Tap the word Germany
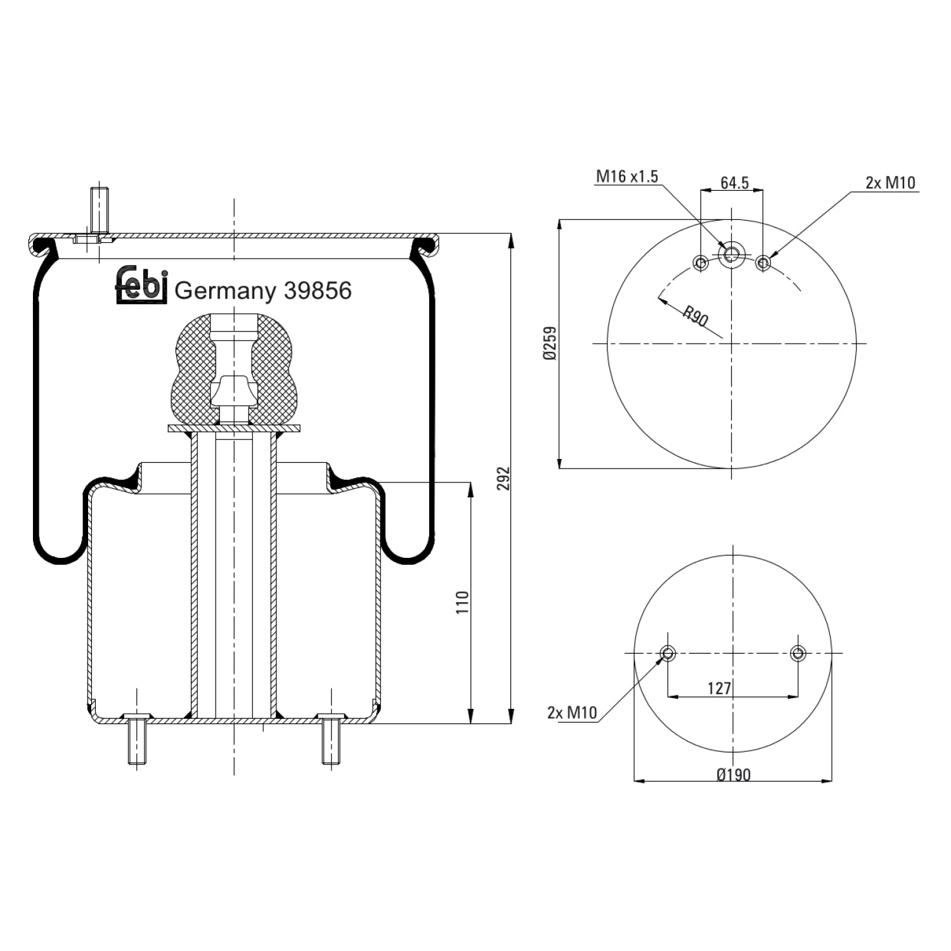(226, 292)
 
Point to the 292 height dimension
(503, 479)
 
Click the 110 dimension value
(462, 602)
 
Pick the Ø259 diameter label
(550, 343)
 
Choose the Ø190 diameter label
(734, 775)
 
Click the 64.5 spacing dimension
(735, 183)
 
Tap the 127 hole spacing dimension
(719, 688)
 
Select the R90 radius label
(695, 316)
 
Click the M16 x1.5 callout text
(627, 176)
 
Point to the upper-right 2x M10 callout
(891, 183)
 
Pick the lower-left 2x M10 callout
(572, 713)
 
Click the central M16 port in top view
(732, 255)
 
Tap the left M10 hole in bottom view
(668, 653)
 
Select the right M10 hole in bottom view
(798, 653)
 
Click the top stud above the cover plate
(99, 210)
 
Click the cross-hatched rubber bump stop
(234, 369)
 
